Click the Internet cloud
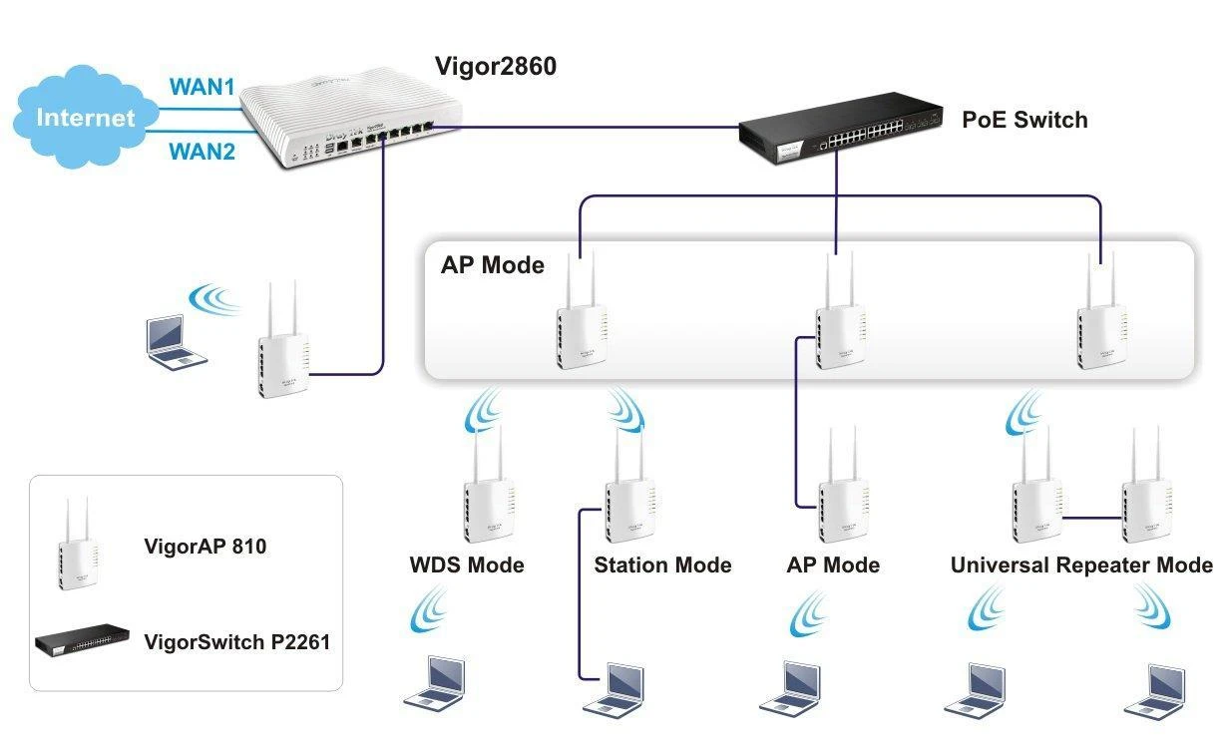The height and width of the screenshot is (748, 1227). [x=85, y=118]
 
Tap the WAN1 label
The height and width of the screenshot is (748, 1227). [x=202, y=87]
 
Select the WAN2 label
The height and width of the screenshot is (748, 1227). [x=202, y=152]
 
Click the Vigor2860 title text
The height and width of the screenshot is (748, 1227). [x=496, y=67]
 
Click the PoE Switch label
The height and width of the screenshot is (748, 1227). [x=1024, y=121]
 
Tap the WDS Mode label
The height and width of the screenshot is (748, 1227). [x=467, y=565]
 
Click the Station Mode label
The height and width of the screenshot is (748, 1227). [x=662, y=565]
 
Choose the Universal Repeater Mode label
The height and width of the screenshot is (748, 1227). [x=1081, y=565]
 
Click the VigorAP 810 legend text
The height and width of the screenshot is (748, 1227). [x=205, y=546]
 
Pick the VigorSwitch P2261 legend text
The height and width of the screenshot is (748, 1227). [x=236, y=641]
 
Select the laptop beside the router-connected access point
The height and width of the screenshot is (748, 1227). [x=171, y=341]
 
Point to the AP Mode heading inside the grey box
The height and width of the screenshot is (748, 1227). [x=493, y=265]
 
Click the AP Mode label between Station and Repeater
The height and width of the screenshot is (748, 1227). [x=833, y=565]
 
